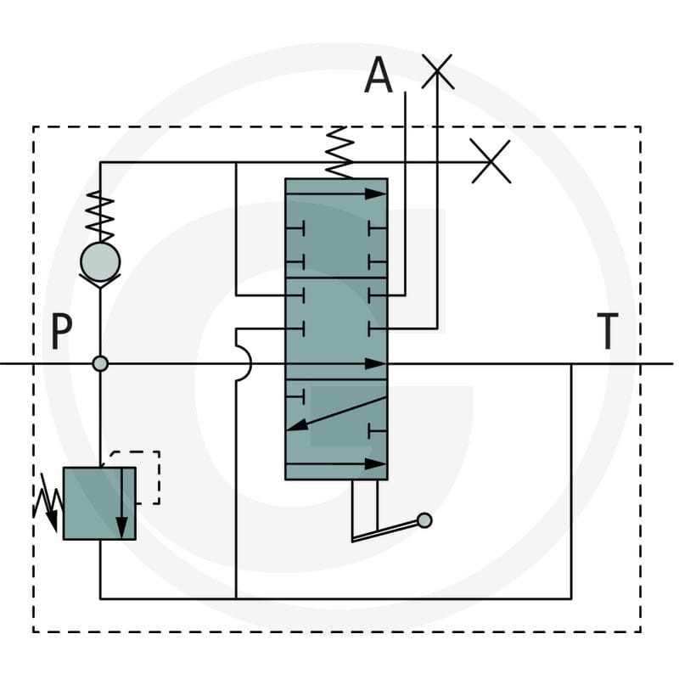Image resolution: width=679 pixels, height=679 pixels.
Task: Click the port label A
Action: click(x=379, y=75)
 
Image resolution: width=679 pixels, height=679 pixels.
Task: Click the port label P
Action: click(x=61, y=331)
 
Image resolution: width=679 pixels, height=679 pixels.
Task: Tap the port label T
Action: click(x=608, y=331)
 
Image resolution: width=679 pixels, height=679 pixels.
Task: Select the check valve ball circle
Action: click(x=100, y=262)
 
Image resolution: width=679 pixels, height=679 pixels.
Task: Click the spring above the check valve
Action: click(x=100, y=216)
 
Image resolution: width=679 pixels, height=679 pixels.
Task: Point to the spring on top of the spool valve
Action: click(x=339, y=153)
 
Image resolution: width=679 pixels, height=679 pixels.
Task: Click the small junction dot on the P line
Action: click(x=100, y=363)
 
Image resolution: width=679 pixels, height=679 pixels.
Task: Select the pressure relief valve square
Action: click(x=99, y=503)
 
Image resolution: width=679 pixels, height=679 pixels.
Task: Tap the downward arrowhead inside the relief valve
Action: click(x=122, y=527)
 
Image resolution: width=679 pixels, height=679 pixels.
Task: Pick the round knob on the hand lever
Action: click(x=424, y=520)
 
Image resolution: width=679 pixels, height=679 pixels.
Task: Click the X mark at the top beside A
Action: click(x=437, y=71)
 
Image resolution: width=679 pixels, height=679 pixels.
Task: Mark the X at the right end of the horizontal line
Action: click(x=491, y=161)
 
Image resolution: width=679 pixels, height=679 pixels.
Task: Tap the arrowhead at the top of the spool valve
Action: click(x=375, y=194)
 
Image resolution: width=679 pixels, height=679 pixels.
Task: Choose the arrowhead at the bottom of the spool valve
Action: click(x=375, y=463)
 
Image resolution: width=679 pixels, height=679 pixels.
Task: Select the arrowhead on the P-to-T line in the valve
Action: click(x=375, y=364)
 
